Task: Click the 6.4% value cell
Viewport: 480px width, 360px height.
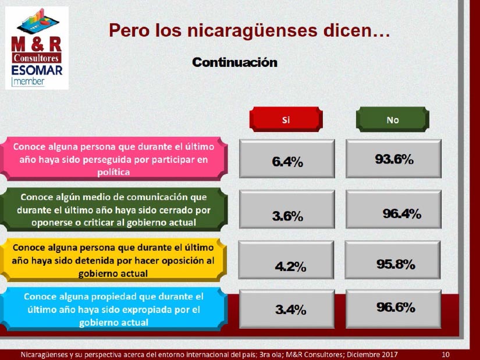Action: pos(287,159)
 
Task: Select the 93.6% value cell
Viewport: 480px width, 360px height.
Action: pos(394,159)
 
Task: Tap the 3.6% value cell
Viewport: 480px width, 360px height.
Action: pos(287,209)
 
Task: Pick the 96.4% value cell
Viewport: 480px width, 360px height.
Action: pos(394,209)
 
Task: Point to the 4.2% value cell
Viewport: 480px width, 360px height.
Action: pos(286,259)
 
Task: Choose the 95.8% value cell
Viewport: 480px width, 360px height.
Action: pos(393,259)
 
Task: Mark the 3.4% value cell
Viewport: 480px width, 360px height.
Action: pos(287,309)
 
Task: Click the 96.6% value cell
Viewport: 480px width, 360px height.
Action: pos(394,309)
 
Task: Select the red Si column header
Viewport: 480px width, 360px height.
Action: pos(286,119)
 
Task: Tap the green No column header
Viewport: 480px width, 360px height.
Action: pos(393,119)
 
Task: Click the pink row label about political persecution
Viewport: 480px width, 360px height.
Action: pos(113,159)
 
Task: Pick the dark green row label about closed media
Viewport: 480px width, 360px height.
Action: pos(113,209)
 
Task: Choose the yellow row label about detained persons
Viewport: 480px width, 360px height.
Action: pos(113,260)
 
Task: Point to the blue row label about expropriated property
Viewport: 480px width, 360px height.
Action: pos(113,309)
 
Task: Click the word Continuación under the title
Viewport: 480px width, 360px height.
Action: pos(235,62)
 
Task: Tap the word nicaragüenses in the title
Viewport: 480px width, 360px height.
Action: pos(252,30)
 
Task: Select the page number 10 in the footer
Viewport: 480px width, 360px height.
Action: pos(446,355)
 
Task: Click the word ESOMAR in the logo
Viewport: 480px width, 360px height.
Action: pos(37,70)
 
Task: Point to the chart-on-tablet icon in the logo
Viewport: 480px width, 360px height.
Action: pos(38,22)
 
